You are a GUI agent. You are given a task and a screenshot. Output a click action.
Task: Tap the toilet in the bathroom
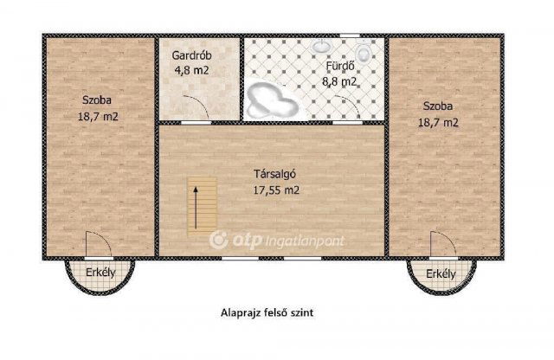[x=364, y=55]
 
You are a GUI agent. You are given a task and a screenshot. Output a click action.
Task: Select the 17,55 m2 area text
[x=274, y=188]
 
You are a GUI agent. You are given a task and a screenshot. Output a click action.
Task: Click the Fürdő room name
[x=339, y=67]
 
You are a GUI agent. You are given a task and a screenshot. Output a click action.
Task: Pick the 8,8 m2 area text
[x=339, y=81]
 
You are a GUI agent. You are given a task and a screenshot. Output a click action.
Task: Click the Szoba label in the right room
[x=438, y=106]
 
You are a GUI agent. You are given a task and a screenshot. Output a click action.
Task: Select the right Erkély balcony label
[x=441, y=274]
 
